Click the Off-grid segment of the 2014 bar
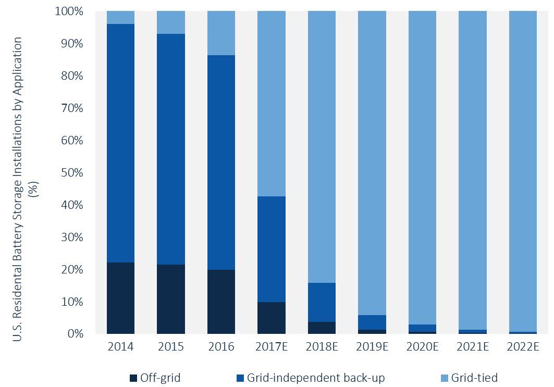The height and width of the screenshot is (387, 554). tap(120, 298)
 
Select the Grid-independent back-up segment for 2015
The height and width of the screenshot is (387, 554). tap(171, 149)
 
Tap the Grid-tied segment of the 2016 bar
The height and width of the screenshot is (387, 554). tap(221, 33)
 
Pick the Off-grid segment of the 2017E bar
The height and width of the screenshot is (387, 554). tap(272, 318)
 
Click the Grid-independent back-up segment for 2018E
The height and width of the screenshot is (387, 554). tap(322, 302)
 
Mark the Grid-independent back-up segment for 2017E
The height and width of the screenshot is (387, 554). tap(272, 249)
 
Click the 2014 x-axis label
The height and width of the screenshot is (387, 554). tap(120, 347)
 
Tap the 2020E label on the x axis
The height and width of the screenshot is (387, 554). tap(422, 347)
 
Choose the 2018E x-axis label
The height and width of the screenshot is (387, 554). tap(322, 347)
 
